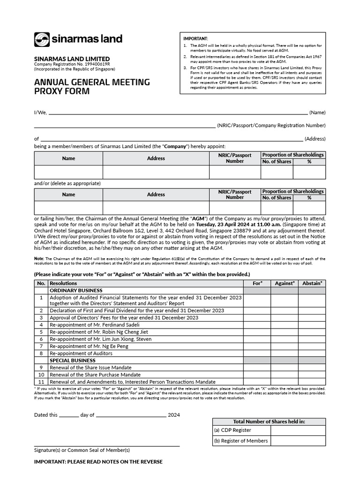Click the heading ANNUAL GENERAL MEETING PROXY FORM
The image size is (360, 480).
(x=92, y=87)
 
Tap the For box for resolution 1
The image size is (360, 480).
(x=257, y=300)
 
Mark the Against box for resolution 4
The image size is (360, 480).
(x=285, y=324)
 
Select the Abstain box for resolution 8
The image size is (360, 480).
(x=312, y=353)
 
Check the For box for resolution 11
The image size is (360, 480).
(x=257, y=382)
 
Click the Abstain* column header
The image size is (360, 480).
(x=312, y=283)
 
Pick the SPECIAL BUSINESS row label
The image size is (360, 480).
(x=73, y=360)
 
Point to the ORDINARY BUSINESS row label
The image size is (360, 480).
(x=76, y=291)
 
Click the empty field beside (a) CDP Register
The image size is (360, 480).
(x=298, y=430)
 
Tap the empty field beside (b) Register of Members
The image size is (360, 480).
(x=298, y=441)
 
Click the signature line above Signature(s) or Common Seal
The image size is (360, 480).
(x=106, y=445)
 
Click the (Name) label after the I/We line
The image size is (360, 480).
(x=317, y=112)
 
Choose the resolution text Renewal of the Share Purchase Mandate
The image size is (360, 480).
(x=95, y=375)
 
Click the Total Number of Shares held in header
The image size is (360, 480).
(x=269, y=421)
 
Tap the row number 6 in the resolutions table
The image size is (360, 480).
(x=41, y=339)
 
